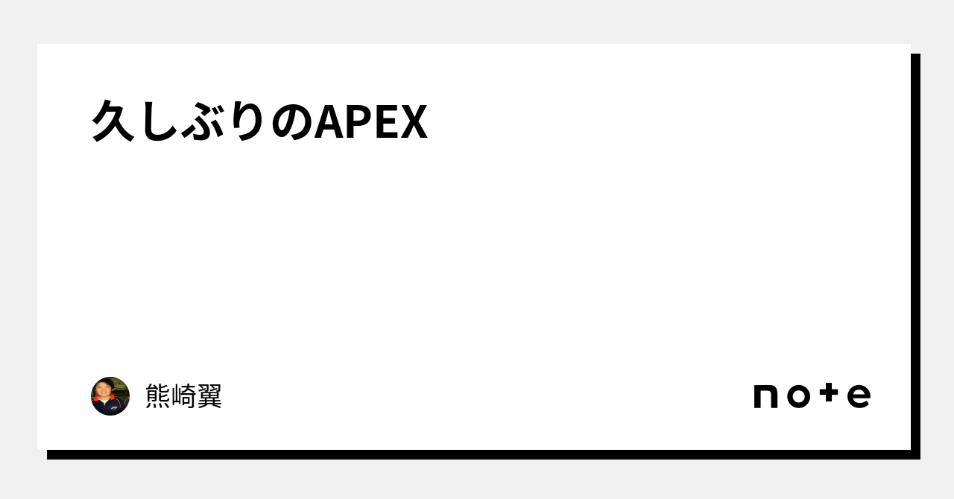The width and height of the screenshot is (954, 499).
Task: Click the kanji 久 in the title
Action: [113, 121]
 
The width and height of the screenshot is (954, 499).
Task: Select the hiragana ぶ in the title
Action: [203, 121]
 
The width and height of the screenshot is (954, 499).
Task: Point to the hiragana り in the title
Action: [247, 121]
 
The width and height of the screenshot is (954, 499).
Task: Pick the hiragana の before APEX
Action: [291, 122]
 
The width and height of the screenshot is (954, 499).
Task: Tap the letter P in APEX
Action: [359, 122]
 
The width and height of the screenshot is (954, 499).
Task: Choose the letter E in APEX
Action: [386, 122]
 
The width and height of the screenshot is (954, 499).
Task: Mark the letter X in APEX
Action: [413, 122]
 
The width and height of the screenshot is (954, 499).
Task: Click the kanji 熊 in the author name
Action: [158, 396]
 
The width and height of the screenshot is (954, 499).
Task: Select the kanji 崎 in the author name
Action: [183, 396]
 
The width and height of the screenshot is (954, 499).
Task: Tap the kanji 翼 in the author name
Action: [209, 396]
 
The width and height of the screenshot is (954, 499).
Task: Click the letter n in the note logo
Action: [765, 396]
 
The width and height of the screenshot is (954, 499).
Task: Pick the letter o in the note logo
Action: [798, 396]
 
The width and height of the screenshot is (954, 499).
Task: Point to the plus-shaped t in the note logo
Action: [829, 392]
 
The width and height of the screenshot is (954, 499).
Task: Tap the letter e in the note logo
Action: [859, 396]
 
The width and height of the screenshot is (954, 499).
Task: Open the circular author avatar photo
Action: [110, 396]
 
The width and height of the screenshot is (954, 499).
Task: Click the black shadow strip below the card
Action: [484, 455]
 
